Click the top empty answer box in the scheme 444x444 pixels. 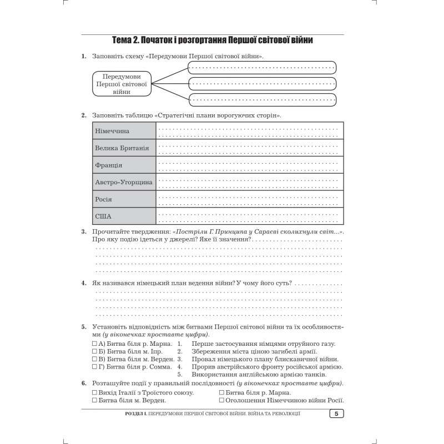point(262,68)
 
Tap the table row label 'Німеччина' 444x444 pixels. point(112,131)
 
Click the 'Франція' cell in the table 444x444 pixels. point(109,165)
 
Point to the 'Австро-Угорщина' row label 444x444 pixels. point(124,182)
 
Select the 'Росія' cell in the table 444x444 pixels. point(104,199)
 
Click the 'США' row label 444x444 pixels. point(103,216)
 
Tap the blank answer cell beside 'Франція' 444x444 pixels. point(249,165)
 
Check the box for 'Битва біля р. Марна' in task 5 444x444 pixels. point(94,344)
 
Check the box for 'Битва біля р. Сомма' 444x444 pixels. point(94,367)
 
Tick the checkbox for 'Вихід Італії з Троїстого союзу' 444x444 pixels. point(94,392)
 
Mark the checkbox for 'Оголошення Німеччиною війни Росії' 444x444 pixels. point(222,400)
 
